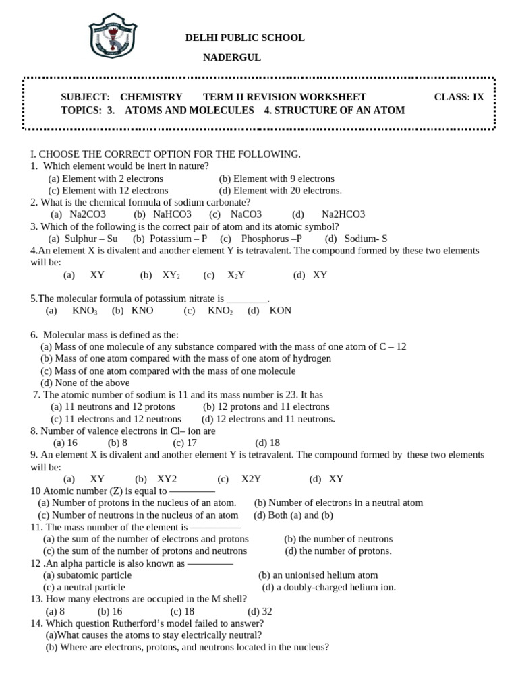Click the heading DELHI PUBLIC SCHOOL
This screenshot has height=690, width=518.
pos(245,38)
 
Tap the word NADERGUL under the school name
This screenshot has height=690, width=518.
pos(232,57)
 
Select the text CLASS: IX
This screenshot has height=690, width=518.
pos(459,97)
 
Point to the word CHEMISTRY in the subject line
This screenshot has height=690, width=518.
pos(151,97)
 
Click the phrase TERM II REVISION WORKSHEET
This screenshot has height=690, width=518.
pos(285,97)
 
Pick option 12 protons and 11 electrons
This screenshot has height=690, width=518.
pos(266,406)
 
